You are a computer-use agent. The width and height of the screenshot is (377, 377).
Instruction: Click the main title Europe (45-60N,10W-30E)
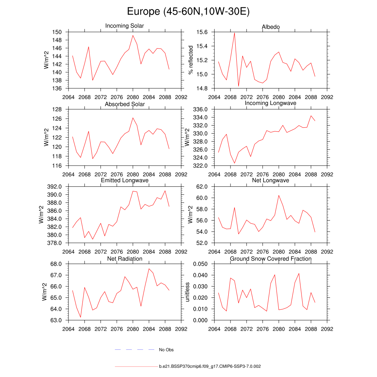[x=188, y=12]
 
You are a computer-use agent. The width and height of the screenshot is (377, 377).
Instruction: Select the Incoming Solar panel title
[x=124, y=26]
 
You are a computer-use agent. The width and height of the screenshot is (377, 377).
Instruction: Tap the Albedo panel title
[x=271, y=27]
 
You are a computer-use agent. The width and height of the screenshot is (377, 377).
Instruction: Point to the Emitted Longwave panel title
[x=124, y=180]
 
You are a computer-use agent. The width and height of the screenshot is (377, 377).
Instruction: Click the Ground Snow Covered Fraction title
[x=271, y=259]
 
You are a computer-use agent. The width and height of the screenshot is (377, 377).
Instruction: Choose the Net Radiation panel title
[x=124, y=259]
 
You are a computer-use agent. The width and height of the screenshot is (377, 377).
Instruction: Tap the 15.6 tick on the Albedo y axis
[x=202, y=32]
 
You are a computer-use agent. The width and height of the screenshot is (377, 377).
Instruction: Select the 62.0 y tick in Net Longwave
[x=202, y=187]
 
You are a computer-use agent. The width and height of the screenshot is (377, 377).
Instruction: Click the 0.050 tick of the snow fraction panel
[x=200, y=264]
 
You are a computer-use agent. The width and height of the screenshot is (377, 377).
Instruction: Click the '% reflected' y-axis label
[x=190, y=60]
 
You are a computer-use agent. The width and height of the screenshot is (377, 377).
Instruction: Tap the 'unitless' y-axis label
[x=187, y=292]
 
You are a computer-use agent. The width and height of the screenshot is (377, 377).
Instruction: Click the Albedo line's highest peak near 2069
[x=235, y=33]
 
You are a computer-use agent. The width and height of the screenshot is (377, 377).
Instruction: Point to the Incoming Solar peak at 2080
[x=133, y=35]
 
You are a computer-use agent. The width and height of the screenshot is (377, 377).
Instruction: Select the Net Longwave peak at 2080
[x=279, y=195]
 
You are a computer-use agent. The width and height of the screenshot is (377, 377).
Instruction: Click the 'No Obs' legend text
[x=166, y=350]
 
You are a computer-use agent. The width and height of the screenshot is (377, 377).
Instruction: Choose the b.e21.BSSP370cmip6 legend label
[x=210, y=367]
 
